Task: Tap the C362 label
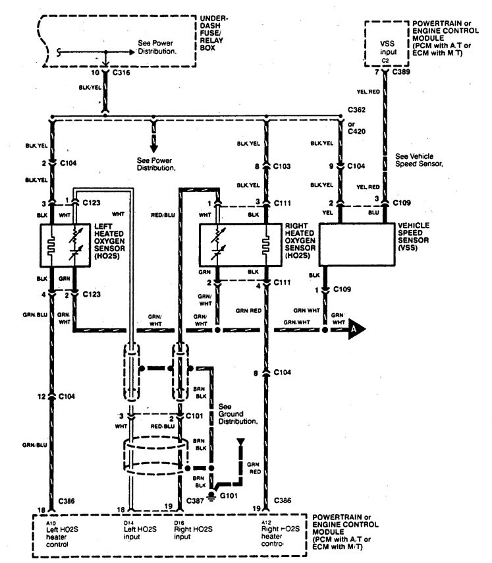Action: tap(358, 113)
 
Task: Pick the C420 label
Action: tap(358, 130)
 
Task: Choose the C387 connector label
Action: tap(193, 502)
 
